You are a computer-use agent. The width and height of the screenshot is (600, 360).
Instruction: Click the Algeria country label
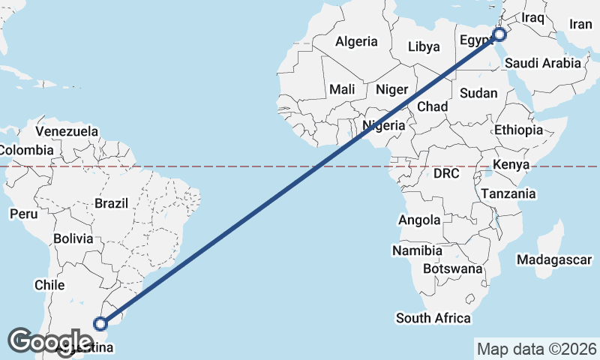(x=356, y=42)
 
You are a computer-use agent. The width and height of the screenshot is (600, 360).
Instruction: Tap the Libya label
(x=424, y=46)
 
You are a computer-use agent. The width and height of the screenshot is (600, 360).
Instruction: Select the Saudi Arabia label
(x=543, y=64)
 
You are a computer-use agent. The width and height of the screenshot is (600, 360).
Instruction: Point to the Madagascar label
(x=554, y=259)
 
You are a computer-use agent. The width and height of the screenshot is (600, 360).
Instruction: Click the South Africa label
(x=433, y=318)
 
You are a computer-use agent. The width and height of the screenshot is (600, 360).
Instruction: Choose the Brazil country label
(x=112, y=202)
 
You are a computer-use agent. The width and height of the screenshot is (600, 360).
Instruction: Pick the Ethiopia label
(x=518, y=130)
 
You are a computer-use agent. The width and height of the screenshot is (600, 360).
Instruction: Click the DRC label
(x=445, y=173)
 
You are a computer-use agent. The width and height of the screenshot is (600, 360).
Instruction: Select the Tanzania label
(x=508, y=193)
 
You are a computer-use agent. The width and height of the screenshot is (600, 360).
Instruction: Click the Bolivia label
(x=73, y=238)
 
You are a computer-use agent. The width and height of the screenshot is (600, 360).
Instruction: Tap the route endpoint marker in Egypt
(x=500, y=34)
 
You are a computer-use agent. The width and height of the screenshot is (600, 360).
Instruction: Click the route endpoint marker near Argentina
(x=100, y=324)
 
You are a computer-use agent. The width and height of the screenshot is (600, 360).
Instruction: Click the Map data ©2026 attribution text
(x=537, y=349)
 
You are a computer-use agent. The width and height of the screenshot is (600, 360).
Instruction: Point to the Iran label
(x=580, y=24)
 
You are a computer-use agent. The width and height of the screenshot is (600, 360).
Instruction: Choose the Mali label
(x=342, y=89)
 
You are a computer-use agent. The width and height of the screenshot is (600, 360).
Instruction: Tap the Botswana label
(x=452, y=268)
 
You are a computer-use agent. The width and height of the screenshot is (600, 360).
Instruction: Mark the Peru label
(x=23, y=214)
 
